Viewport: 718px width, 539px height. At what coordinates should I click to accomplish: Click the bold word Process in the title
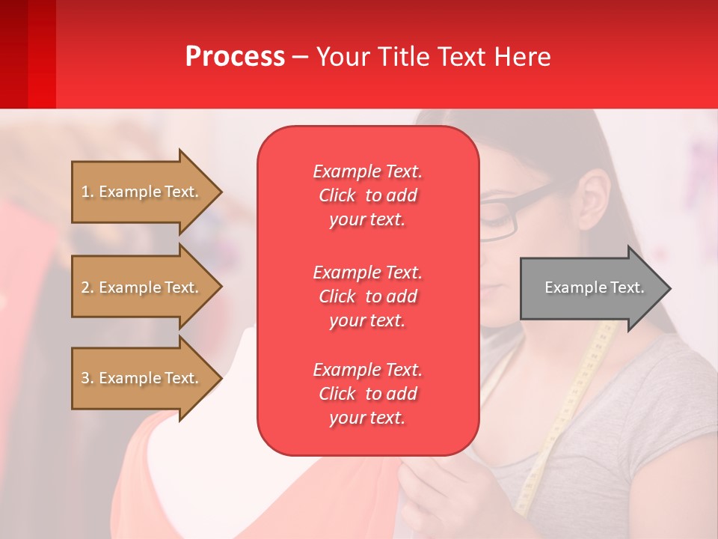tap(235, 57)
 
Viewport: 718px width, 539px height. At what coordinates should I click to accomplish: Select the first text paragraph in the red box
tap(367, 195)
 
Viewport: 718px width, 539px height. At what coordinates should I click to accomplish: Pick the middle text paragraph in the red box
tap(367, 296)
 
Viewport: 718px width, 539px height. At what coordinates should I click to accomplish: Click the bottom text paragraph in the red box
tap(367, 394)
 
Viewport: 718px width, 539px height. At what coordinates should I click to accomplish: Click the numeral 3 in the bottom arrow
tap(85, 378)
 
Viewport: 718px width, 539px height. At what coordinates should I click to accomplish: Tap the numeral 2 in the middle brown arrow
tap(85, 287)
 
